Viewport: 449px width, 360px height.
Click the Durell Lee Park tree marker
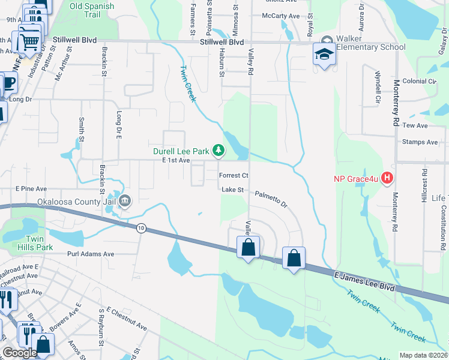coord(219,150)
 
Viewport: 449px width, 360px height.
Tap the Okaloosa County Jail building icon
coord(125,200)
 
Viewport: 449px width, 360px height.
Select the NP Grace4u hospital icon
coord(387,178)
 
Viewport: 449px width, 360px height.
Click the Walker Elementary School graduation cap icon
coord(324,55)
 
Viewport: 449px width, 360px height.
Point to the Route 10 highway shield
coord(141,228)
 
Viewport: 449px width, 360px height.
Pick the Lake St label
coord(233,190)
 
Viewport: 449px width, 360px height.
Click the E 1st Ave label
coord(176,160)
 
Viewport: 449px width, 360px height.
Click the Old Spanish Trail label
coord(92,10)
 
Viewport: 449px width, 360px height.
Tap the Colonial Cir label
coord(420,81)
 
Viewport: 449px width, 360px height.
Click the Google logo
coord(20,353)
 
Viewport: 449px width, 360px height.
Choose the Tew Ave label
coord(415,125)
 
